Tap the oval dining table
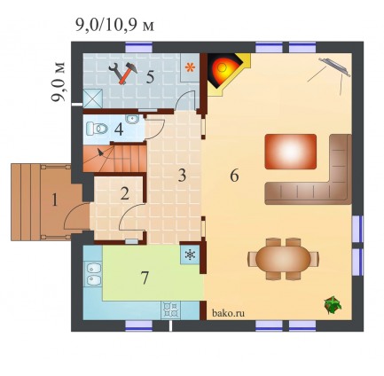(x=283, y=259)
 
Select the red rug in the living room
(x=291, y=152)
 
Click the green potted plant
(x=333, y=305)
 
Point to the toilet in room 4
(x=97, y=129)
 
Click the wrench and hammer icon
(x=123, y=73)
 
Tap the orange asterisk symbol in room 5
(x=190, y=67)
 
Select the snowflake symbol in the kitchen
(x=190, y=255)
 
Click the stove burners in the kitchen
(x=170, y=309)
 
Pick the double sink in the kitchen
(x=93, y=274)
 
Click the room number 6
(x=234, y=176)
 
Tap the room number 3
(x=182, y=176)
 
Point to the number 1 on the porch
(x=54, y=200)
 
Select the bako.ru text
(x=228, y=313)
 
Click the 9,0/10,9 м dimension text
(x=114, y=26)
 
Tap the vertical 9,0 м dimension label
(x=58, y=82)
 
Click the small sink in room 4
(x=132, y=119)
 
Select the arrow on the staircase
(x=101, y=153)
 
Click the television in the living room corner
(x=334, y=67)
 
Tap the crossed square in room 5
(x=93, y=98)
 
